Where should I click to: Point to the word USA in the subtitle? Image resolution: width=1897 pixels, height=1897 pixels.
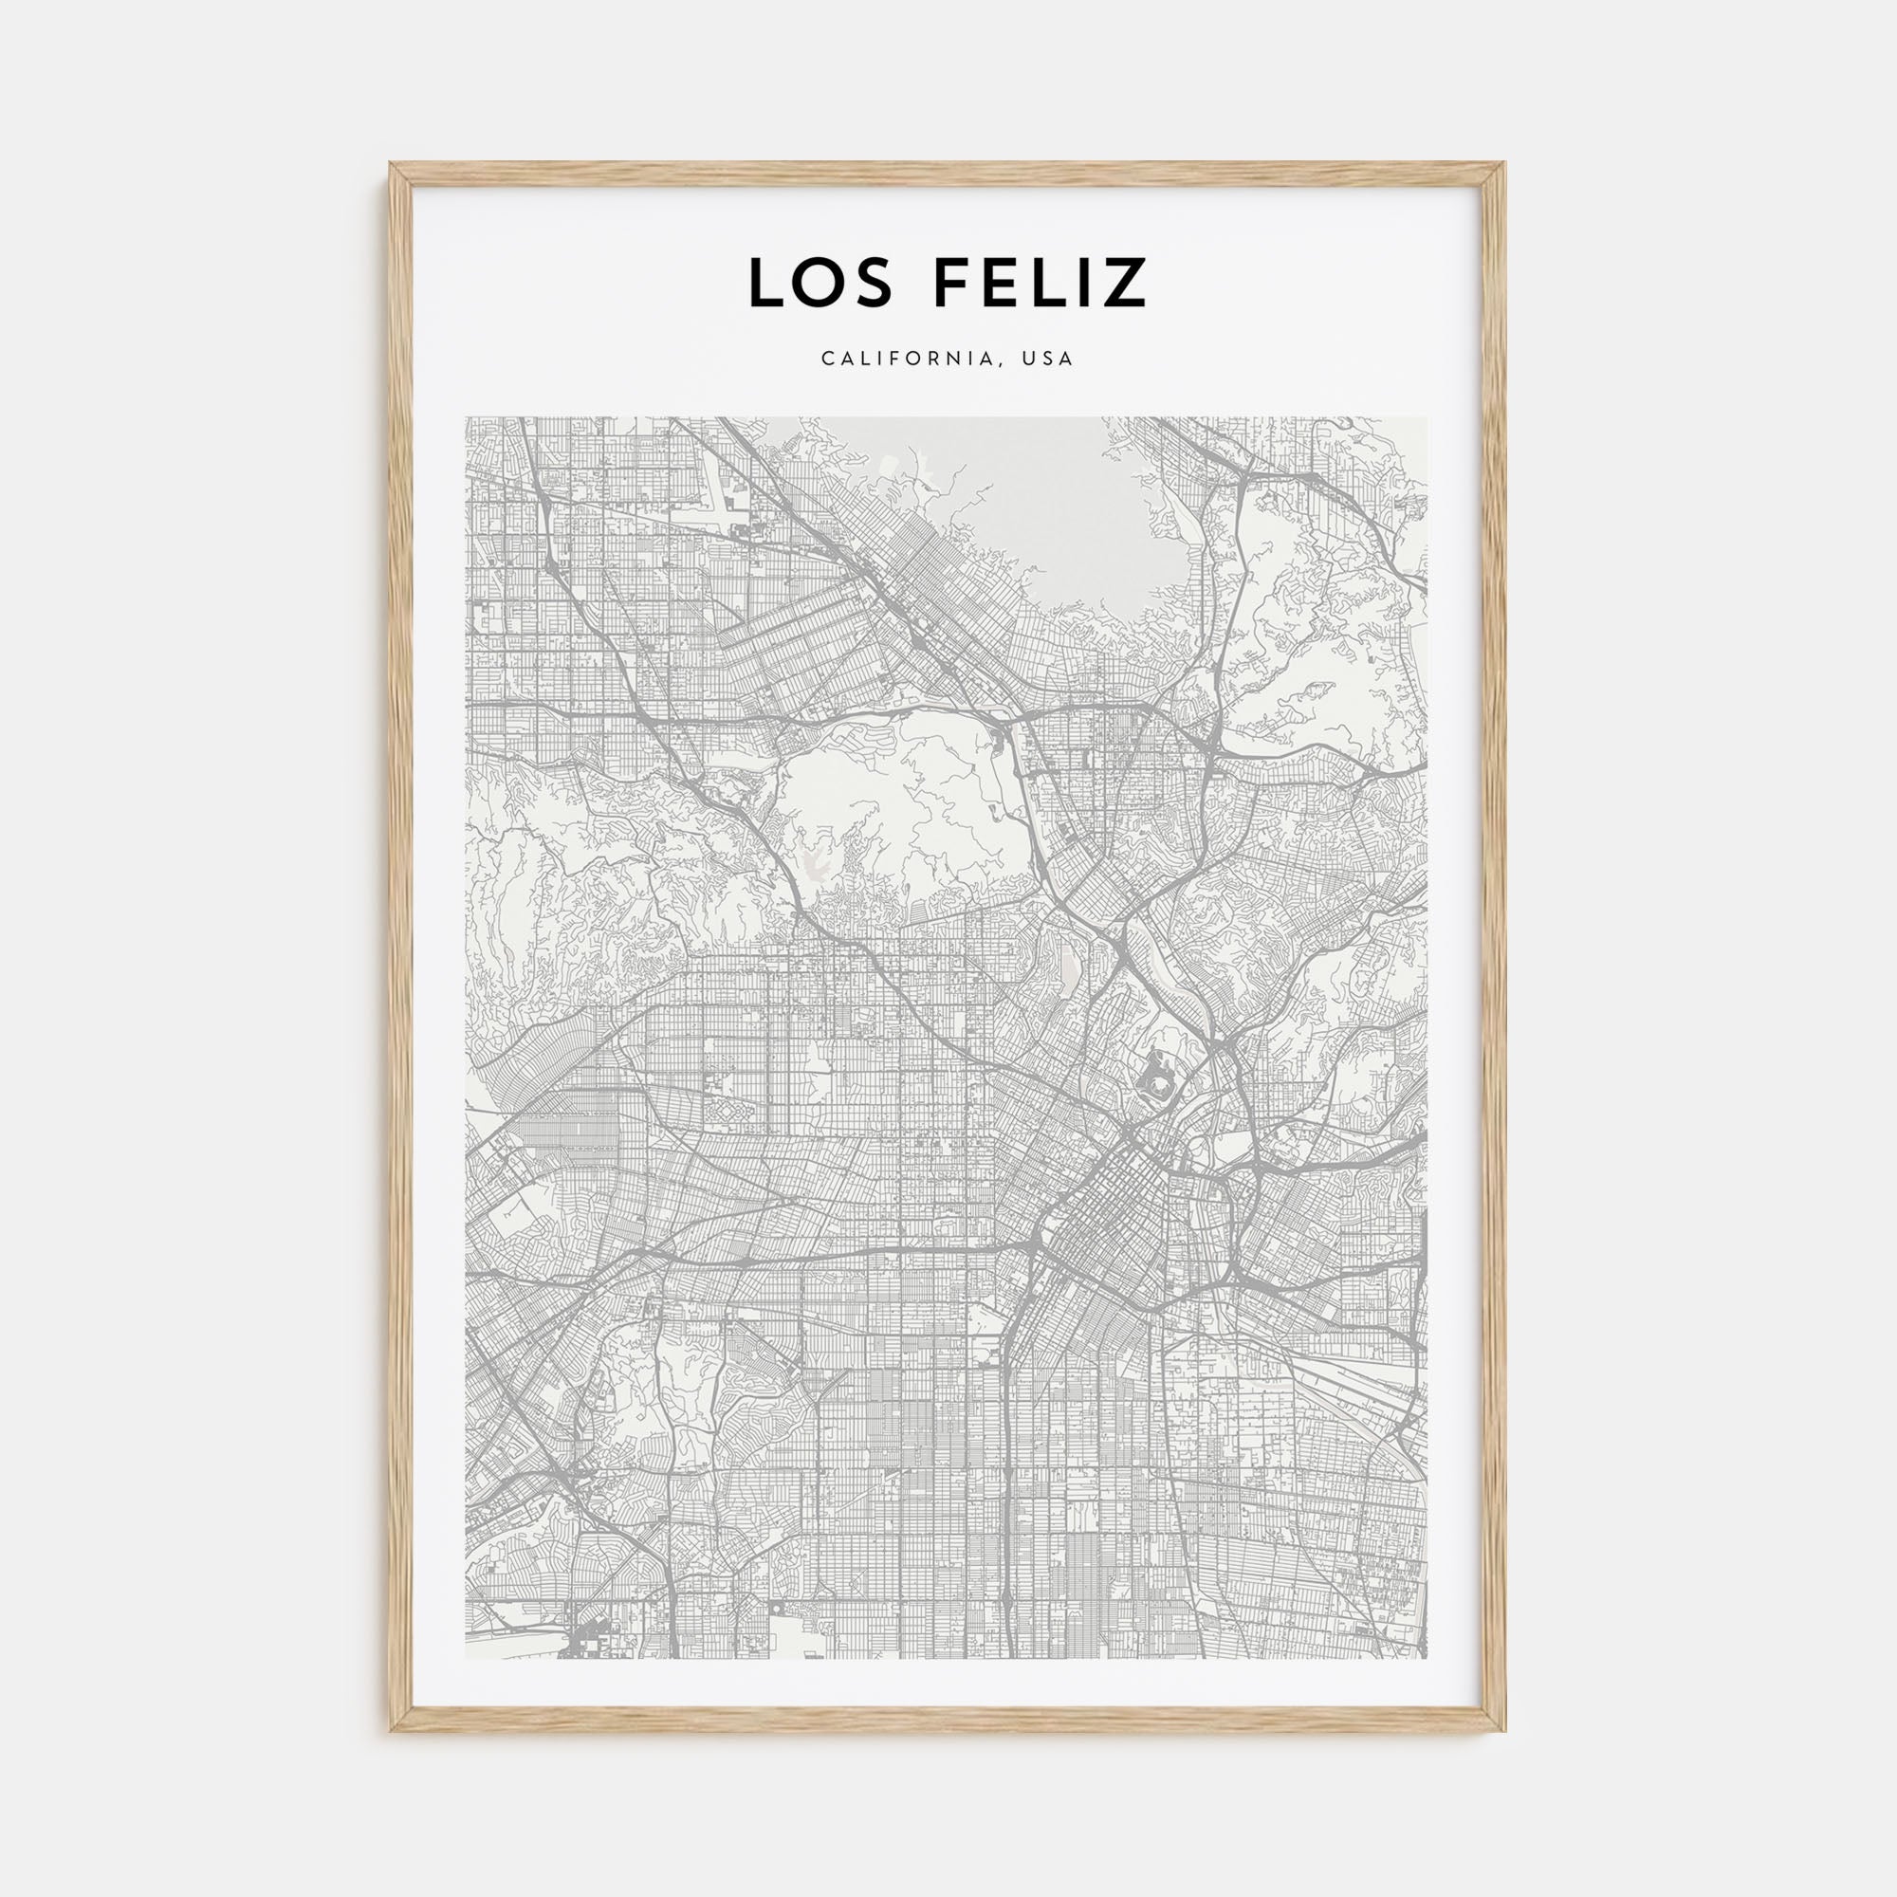1048,359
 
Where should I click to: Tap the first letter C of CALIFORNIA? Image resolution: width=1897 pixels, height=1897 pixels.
828,359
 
